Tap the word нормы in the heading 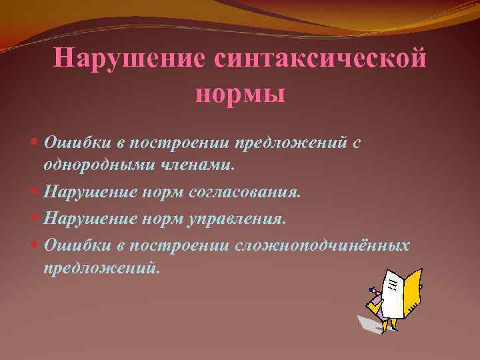[x=241, y=93]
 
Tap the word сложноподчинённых [x=322, y=245]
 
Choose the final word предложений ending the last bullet [x=101, y=269]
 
